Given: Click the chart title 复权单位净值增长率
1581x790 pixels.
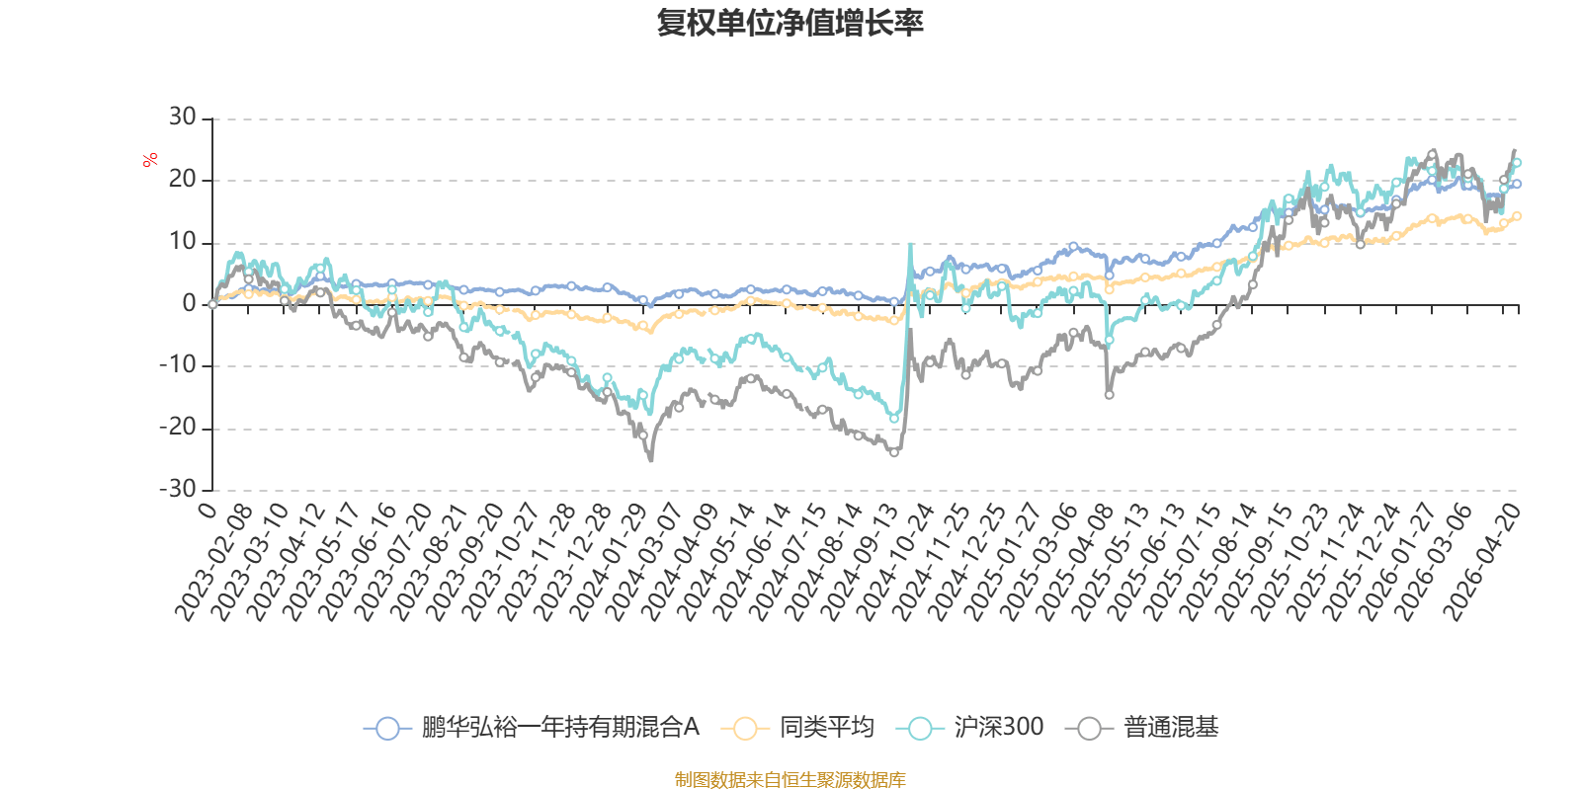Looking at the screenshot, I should point(790,23).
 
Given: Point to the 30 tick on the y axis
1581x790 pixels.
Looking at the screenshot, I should point(183,118).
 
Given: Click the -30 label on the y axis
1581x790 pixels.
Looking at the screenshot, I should point(178,490).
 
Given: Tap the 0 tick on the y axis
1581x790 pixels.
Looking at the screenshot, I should point(190,304).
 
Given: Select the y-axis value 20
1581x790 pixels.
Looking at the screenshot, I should point(183,180).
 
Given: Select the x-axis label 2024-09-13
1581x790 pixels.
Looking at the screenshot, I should point(860,563).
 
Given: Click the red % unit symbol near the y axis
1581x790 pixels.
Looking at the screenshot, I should point(150,160).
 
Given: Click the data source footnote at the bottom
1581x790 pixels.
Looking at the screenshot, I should point(790,780).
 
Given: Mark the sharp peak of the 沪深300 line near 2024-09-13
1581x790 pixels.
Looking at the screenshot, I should point(909,244).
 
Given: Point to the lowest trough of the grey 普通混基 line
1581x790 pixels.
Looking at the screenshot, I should point(650,460).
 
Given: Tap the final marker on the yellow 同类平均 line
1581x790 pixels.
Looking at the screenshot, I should point(1517,215).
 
